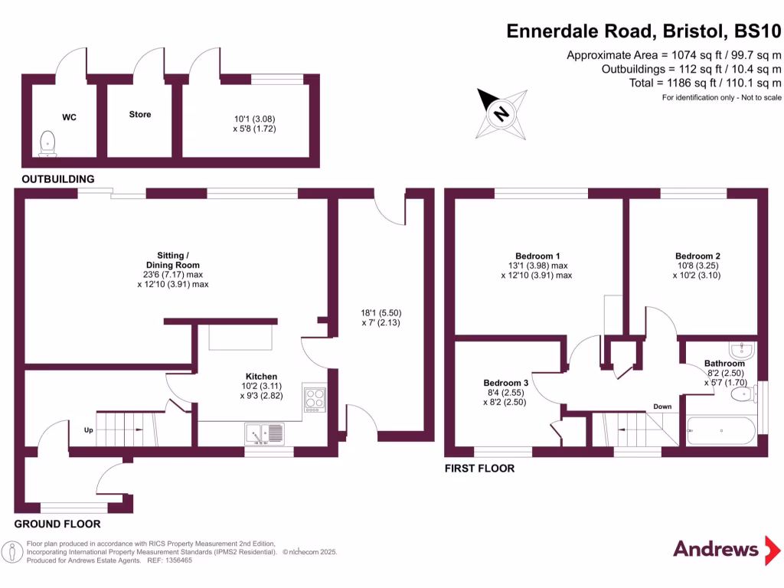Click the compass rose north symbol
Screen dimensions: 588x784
coord(501,114)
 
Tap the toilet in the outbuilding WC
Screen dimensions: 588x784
coord(48,142)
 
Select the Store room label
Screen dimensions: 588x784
coord(139,115)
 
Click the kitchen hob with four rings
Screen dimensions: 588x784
coord(314,399)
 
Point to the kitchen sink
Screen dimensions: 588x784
coord(265,434)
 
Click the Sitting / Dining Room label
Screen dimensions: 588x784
coord(178,260)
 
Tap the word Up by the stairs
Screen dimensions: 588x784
coord(89,430)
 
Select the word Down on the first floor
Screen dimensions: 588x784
coord(662,407)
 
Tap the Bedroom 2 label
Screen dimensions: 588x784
coord(697,256)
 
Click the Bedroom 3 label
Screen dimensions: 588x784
coord(505,383)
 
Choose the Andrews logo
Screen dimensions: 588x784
coord(715,549)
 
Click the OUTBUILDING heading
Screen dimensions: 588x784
coord(58,179)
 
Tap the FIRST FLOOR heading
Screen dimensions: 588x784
coord(479,468)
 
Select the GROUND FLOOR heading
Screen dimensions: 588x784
coord(57,524)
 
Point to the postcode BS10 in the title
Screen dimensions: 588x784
coord(758,31)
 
